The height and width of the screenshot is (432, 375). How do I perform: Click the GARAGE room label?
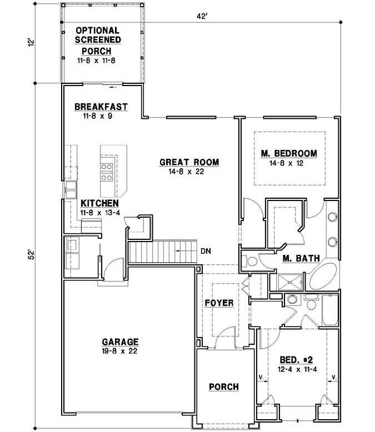(x=120, y=342)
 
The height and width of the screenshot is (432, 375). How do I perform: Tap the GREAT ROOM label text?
(x=189, y=162)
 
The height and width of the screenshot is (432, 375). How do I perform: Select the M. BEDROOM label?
(x=289, y=153)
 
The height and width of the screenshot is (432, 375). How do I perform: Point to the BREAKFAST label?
(x=101, y=107)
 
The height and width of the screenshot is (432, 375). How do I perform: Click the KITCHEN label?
(x=99, y=203)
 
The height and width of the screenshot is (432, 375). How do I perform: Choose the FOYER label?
(x=219, y=303)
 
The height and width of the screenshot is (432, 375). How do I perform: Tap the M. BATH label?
(x=299, y=258)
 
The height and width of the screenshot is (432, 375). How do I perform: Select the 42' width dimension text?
(x=202, y=17)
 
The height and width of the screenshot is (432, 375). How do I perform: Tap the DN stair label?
(x=206, y=250)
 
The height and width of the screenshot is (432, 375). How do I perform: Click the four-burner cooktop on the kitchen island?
(x=107, y=172)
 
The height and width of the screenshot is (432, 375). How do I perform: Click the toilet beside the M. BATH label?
(x=251, y=260)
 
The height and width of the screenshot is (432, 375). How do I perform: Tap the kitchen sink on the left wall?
(x=71, y=189)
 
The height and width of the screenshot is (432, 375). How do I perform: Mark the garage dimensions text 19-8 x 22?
(x=120, y=351)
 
